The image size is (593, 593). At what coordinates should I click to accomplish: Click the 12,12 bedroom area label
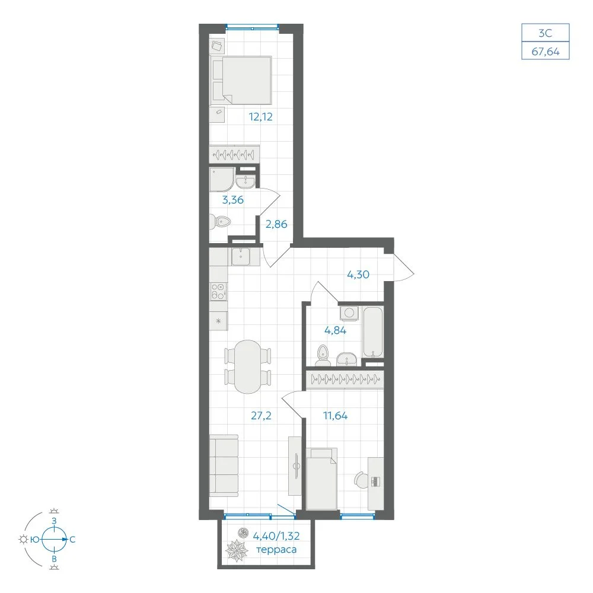tap(260, 117)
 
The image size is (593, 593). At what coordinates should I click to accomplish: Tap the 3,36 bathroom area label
tap(232, 200)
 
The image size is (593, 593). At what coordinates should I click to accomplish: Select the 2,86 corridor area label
tap(276, 224)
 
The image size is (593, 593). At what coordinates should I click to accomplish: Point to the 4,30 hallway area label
tap(358, 275)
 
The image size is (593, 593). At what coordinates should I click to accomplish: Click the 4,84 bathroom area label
tap(336, 330)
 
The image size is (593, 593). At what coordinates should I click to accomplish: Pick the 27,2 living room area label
tap(261, 416)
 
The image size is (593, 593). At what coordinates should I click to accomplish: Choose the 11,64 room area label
tap(336, 416)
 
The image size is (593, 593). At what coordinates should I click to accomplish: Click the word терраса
tap(276, 550)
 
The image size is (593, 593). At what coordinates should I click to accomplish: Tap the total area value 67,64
tap(546, 52)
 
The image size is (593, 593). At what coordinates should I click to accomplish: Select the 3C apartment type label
tap(546, 33)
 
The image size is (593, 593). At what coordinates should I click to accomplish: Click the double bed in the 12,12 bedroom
tap(241, 80)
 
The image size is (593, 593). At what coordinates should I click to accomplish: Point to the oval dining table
tap(247, 367)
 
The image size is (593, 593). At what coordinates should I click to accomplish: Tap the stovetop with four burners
tap(219, 292)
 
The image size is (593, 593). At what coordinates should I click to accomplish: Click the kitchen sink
tap(241, 257)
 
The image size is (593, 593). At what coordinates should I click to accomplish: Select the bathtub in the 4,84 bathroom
tap(373, 332)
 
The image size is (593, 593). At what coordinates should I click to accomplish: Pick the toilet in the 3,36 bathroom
tap(220, 222)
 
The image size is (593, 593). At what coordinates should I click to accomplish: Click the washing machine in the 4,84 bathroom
tap(349, 313)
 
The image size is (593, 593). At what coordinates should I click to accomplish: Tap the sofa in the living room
tap(224, 466)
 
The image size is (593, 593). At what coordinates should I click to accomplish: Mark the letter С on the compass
tap(72, 539)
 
